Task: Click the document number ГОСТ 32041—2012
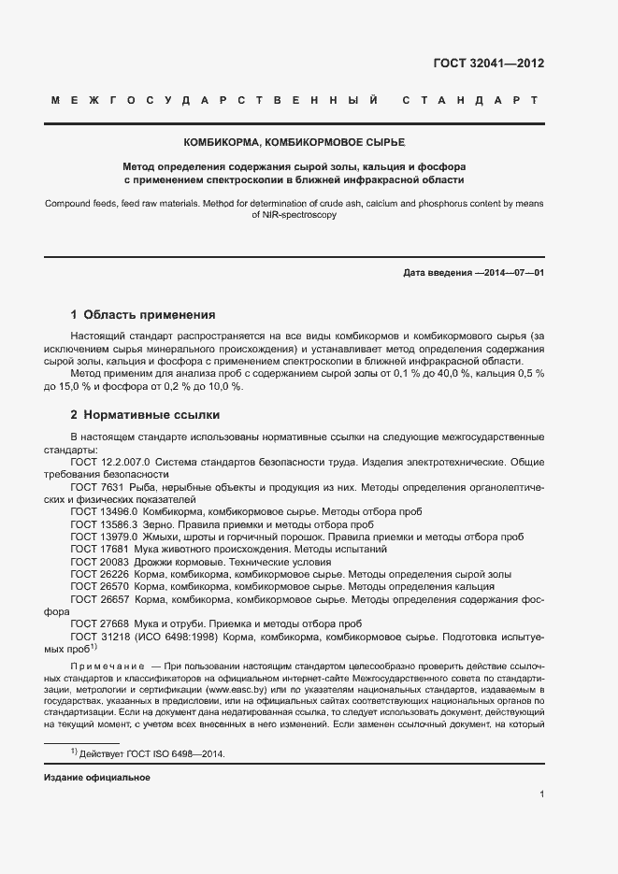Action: click(x=488, y=64)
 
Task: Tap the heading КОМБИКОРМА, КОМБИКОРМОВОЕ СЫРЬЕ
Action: click(x=295, y=142)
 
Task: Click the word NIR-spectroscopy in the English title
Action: click(x=294, y=214)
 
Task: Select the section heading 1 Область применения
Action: click(x=143, y=315)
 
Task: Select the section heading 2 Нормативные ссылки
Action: click(x=146, y=414)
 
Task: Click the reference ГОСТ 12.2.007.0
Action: click(x=110, y=462)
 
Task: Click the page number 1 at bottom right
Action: click(x=541, y=795)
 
